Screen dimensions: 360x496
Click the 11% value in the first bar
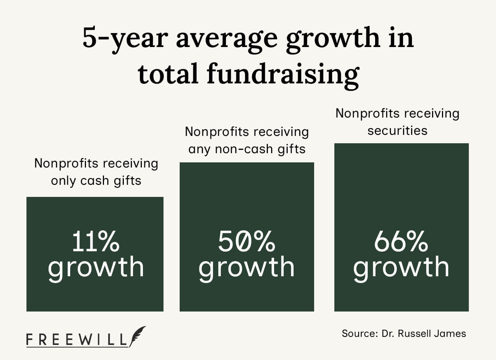pyautogui.click(x=96, y=241)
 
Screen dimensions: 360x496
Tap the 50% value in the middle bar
pyautogui.click(x=247, y=241)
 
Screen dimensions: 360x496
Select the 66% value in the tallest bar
pyautogui.click(x=401, y=241)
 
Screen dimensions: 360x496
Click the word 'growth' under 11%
pyautogui.click(x=96, y=267)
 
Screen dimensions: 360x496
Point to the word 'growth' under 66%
pyautogui.click(x=401, y=267)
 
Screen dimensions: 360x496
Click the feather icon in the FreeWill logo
pyautogui.click(x=137, y=336)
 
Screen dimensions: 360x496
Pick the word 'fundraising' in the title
pyautogui.click(x=283, y=74)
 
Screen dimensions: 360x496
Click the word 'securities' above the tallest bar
pyautogui.click(x=397, y=130)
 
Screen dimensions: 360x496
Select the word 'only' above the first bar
pyautogui.click(x=63, y=181)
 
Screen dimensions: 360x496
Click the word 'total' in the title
pyautogui.click(x=169, y=73)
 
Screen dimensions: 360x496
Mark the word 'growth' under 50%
pyautogui.click(x=247, y=267)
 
